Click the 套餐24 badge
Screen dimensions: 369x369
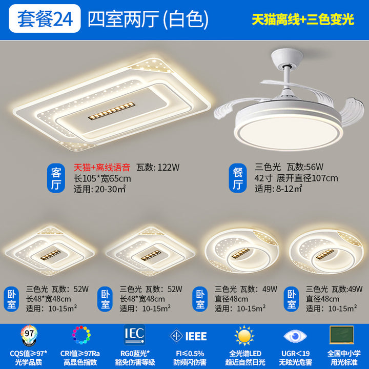pos(45,18)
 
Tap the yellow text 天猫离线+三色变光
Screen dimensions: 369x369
pos(303,19)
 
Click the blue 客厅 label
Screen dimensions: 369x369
pos(56,178)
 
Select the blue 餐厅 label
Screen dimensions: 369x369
pos(238,178)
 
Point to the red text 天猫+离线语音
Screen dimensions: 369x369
pos(102,167)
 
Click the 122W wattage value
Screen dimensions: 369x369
pos(169,167)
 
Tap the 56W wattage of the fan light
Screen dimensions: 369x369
pos(314,167)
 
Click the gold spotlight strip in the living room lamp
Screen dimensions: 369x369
pos(112,111)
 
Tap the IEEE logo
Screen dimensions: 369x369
pos(188,336)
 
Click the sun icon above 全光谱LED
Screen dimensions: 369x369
pos(244,335)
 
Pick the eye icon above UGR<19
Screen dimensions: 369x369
pos(295,336)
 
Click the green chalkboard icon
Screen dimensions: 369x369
pos(342,335)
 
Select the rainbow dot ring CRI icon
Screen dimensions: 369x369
pos(81,335)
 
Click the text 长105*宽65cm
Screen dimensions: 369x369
pos(102,179)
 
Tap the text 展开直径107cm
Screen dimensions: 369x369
pos(307,178)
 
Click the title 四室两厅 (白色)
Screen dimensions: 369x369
pos(148,19)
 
